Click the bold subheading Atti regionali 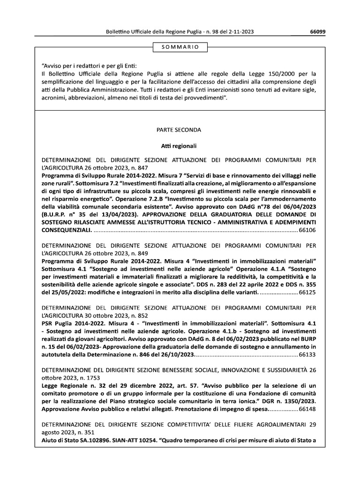(x=180, y=146)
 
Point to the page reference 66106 (x=308, y=231)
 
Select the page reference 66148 (x=308, y=409)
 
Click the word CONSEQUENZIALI (x=66, y=231)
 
